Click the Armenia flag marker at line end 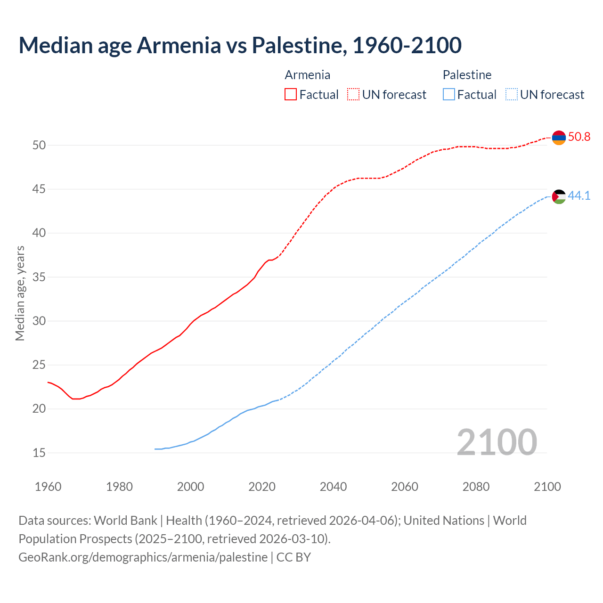(x=559, y=138)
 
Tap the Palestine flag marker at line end (x=559, y=196)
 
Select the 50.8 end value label (x=579, y=137)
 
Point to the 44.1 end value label (x=579, y=196)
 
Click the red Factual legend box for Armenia (x=291, y=95)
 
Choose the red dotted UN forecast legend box (x=353, y=95)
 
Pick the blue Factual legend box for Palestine (x=449, y=95)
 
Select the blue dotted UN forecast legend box (x=511, y=95)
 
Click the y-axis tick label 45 (x=39, y=189)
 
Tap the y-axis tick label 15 (x=39, y=453)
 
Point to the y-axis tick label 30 (x=39, y=321)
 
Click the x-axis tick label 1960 (x=48, y=487)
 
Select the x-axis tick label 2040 (x=333, y=487)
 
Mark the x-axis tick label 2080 (x=476, y=487)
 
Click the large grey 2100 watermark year (x=497, y=442)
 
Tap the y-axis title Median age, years (x=20, y=293)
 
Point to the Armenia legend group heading (x=308, y=75)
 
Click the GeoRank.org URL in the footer (x=143, y=557)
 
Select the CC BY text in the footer (x=293, y=557)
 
